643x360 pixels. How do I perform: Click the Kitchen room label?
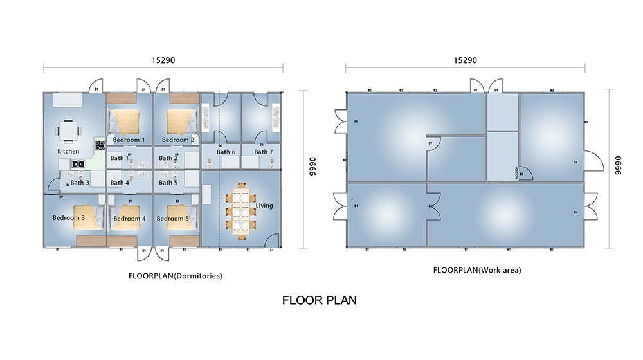click(68, 152)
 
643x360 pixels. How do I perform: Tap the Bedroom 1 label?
click(129, 139)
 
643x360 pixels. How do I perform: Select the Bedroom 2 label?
click(177, 139)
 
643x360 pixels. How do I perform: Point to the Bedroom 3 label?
click(68, 218)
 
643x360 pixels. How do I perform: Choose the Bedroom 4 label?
click(129, 219)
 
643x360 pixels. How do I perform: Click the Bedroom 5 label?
click(173, 219)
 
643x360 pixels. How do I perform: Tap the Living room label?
click(264, 206)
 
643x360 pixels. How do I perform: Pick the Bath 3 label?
click(80, 183)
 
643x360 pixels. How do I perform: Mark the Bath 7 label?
click(263, 152)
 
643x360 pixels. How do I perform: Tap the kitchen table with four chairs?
click(68, 130)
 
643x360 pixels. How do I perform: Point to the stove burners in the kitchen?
click(100, 145)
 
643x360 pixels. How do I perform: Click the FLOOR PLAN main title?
click(320, 300)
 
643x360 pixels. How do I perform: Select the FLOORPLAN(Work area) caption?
click(476, 271)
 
